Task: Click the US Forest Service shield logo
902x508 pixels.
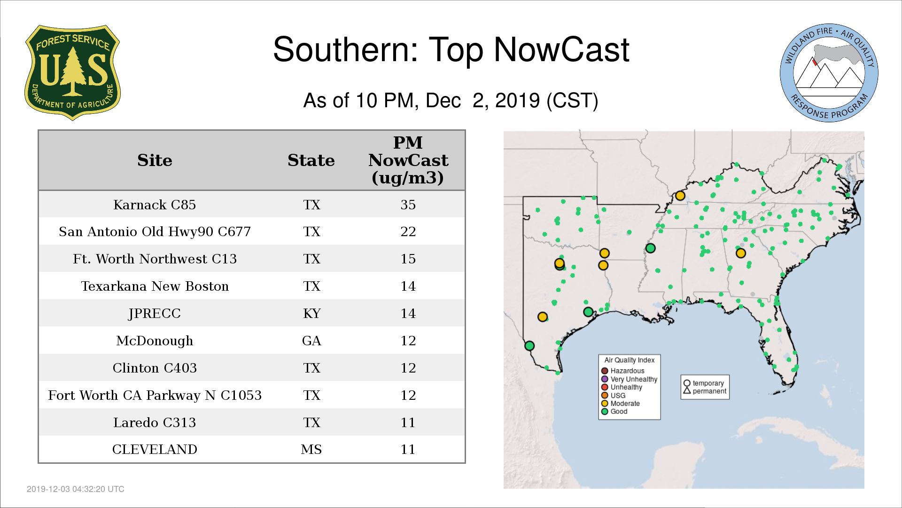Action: [72, 72]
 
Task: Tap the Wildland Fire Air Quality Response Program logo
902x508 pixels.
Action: [829, 73]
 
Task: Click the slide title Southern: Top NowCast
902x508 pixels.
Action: [451, 49]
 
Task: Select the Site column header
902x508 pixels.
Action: [155, 160]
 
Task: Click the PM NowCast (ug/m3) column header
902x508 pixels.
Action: [408, 160]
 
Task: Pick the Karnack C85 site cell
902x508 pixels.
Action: [155, 205]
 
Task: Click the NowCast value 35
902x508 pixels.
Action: [408, 205]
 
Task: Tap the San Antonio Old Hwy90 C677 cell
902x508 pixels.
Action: [155, 231]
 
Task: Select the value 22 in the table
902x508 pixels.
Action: [408, 231]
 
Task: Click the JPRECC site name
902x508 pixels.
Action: [155, 313]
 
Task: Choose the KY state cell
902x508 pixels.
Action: [311, 313]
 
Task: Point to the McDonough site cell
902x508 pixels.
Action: [155, 341]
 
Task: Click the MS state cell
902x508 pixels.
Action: [311, 449]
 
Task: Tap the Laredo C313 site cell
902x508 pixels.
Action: [155, 422]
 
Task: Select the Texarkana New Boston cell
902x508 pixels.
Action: [155, 286]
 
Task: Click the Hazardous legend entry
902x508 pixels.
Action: [623, 371]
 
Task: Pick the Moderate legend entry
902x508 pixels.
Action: [621, 403]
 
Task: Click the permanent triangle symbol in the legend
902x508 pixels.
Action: [687, 390]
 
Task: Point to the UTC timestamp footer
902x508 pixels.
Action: [76, 489]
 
